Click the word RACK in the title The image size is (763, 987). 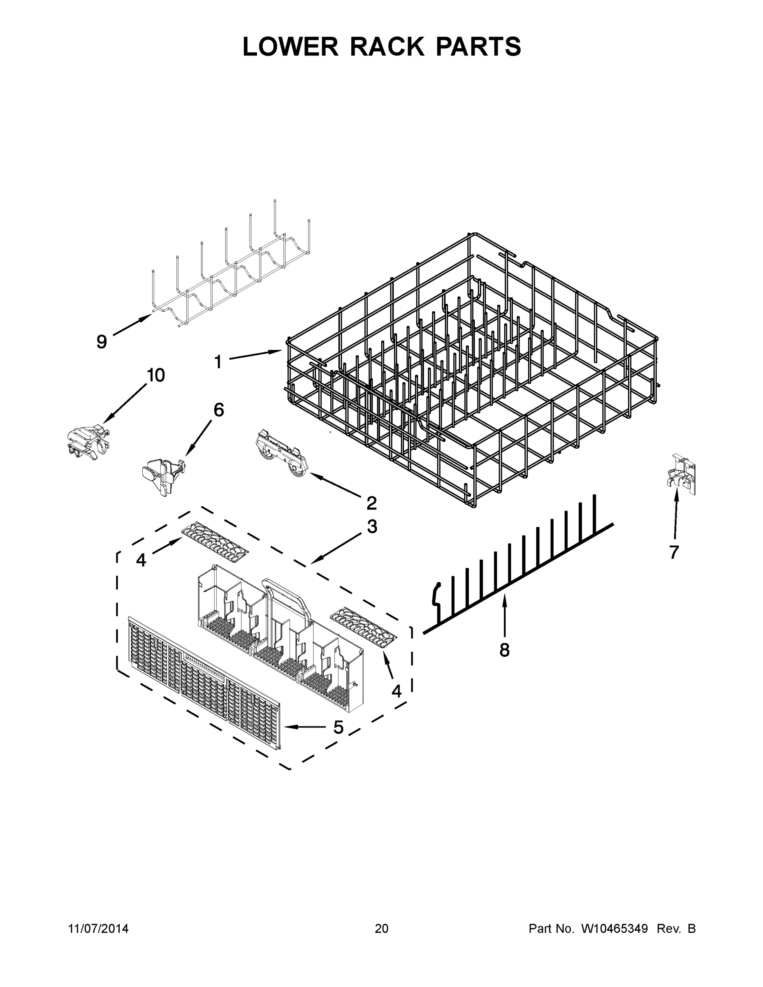[x=387, y=46]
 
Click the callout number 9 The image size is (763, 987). [x=102, y=342]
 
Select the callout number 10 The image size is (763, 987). [x=155, y=375]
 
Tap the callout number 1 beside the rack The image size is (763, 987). [x=218, y=361]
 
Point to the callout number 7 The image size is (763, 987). [x=674, y=552]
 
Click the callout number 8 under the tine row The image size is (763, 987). [x=504, y=650]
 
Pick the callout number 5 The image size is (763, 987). [x=339, y=727]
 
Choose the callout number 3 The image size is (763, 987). [x=372, y=526]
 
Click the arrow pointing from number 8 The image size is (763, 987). [x=504, y=615]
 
